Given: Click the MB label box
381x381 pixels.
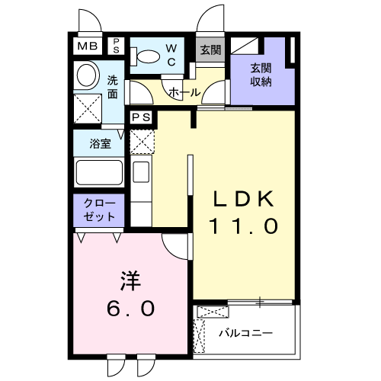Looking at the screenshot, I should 86,46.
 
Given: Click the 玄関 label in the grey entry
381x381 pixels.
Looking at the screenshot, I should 210,50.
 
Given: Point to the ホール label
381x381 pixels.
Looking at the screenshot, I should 184,92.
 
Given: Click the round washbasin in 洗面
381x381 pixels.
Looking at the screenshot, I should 86,75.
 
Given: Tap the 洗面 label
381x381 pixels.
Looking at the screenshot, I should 112,88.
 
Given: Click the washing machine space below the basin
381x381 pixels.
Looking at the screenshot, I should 87,107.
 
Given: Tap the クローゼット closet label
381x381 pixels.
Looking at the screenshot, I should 100,210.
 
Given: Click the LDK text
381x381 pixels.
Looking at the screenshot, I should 242,198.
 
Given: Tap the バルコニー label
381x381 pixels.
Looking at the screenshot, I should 245,332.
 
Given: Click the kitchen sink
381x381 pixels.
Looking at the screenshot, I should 141,172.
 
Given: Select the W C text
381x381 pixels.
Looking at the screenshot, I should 171,54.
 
